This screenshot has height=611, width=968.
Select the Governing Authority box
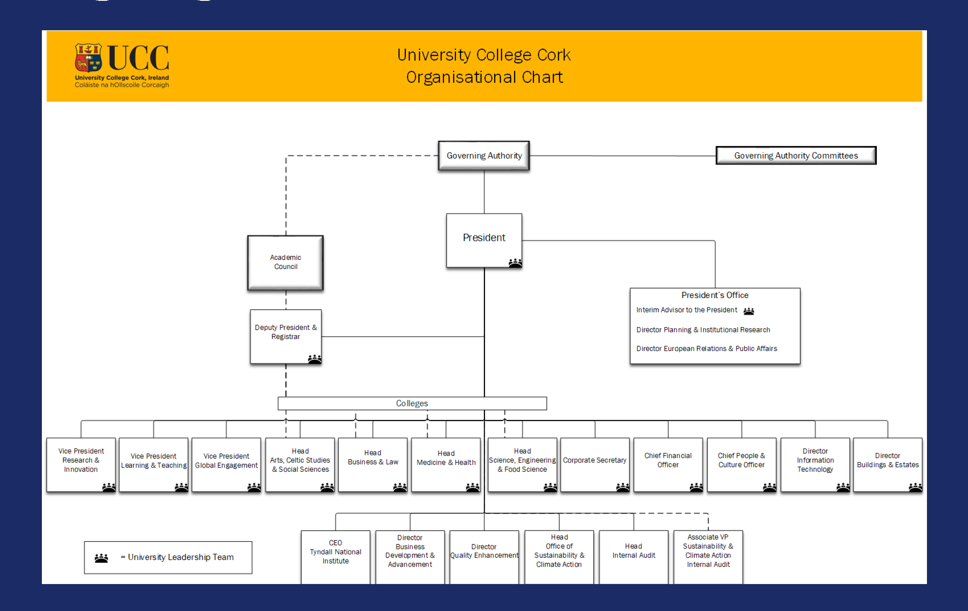click(484, 155)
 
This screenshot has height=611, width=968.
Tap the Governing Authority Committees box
click(796, 155)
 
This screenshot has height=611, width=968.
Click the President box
click(484, 240)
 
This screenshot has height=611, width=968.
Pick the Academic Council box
click(285, 262)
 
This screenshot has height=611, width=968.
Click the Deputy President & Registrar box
click(286, 336)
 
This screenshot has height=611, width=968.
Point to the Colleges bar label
click(412, 403)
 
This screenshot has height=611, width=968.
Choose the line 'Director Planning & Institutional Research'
click(703, 330)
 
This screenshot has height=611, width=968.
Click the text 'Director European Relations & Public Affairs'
click(706, 349)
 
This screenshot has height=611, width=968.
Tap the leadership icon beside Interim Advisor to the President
click(749, 311)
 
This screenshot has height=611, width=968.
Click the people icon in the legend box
click(102, 558)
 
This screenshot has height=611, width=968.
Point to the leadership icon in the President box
click(515, 263)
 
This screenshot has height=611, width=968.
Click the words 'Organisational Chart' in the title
click(484, 78)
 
